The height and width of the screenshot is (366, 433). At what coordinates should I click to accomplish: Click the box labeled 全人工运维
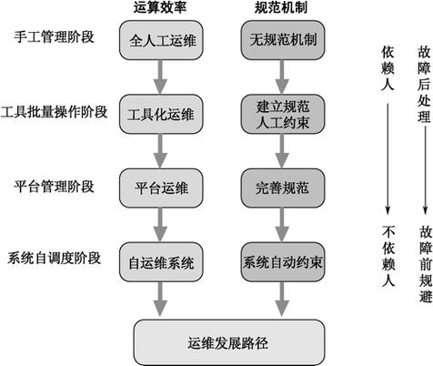tap(160, 41)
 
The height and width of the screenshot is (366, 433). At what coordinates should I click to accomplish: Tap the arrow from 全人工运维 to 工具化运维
tap(160, 76)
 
